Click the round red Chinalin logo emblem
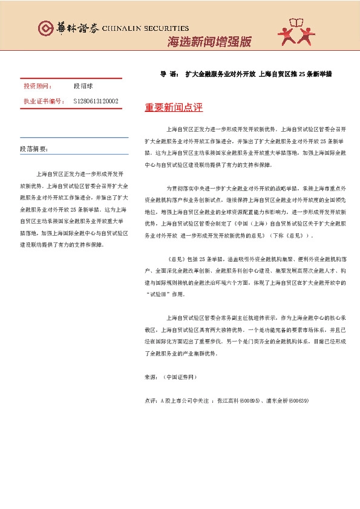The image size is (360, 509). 44,28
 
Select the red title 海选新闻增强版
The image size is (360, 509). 209,42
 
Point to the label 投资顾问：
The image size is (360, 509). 38,87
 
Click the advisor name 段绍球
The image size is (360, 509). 83,87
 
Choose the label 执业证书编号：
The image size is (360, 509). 44,101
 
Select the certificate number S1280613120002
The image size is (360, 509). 96,101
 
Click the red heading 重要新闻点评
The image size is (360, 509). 174,108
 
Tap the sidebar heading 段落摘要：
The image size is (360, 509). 34,149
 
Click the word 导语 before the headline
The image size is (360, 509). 168,74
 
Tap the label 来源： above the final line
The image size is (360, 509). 151,377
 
